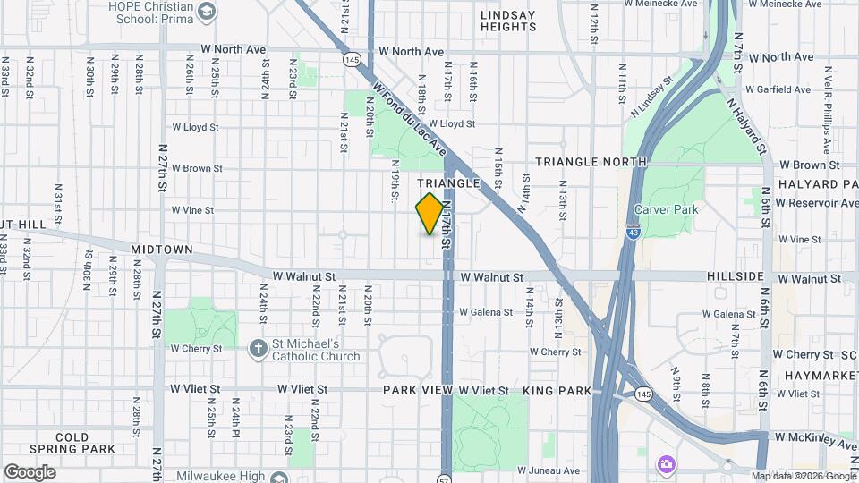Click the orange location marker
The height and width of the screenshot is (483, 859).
(429, 214)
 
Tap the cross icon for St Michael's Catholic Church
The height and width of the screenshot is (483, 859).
(259, 349)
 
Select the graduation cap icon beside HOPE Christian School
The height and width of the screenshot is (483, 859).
(208, 11)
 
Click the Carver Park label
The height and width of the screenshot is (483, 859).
(665, 209)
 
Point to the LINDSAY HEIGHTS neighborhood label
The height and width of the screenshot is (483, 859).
(507, 21)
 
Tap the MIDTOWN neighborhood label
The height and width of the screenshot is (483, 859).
(162, 249)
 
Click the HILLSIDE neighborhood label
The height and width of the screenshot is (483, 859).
(736, 277)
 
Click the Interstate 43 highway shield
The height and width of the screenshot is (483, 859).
(633, 231)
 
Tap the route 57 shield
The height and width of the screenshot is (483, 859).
(444, 478)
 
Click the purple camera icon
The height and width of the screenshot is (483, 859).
(666, 463)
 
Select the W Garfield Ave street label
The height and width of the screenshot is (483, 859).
(779, 89)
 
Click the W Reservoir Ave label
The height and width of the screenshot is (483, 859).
(817, 203)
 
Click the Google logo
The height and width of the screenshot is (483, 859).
(30, 471)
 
